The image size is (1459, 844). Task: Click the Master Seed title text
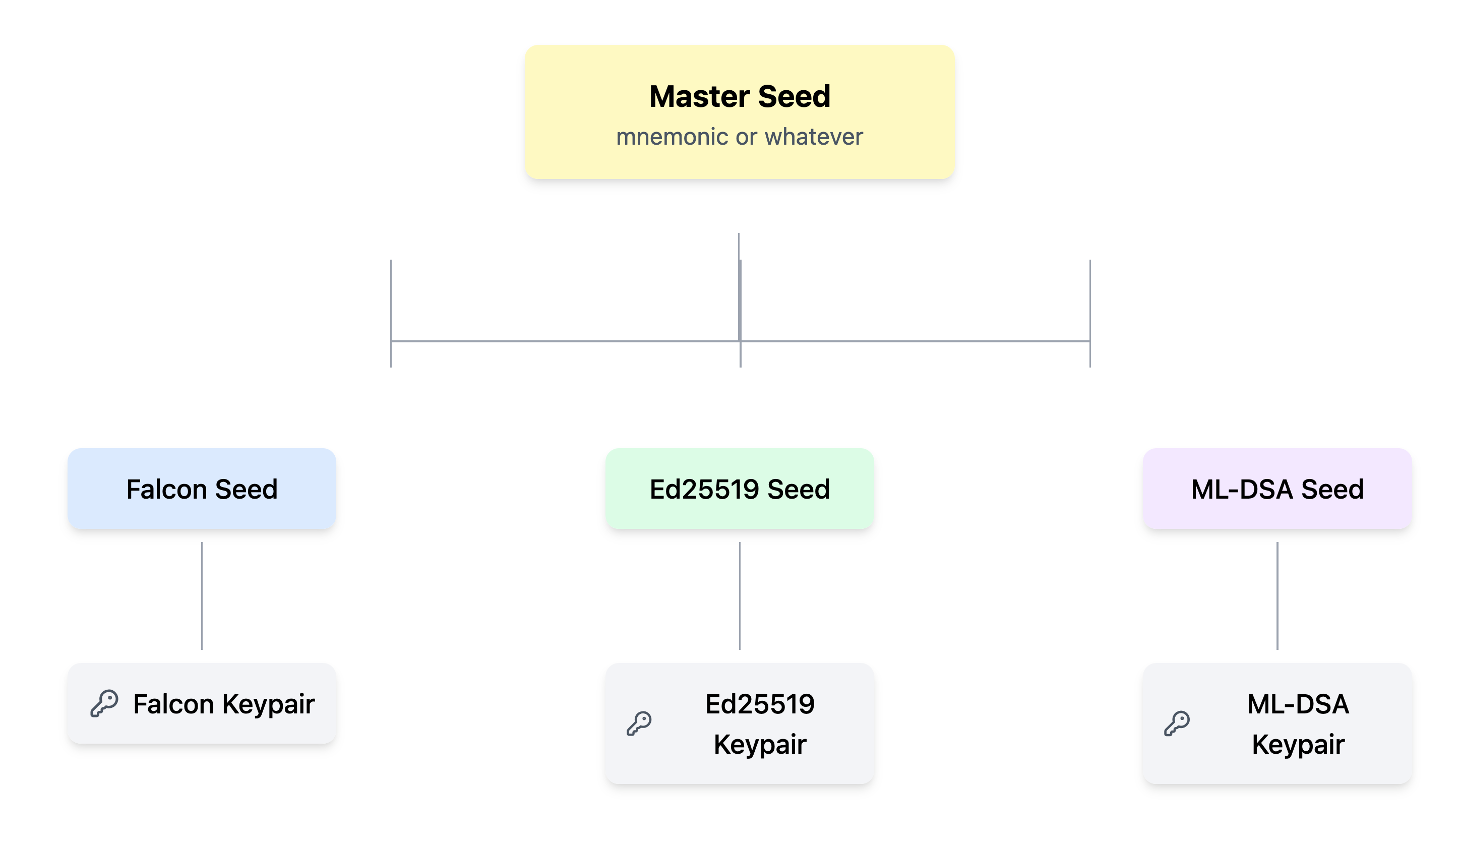(740, 96)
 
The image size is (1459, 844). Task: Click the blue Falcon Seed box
(202, 489)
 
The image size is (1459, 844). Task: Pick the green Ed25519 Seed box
(740, 489)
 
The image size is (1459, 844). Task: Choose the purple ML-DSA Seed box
(1276, 489)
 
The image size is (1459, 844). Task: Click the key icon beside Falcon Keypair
(105, 703)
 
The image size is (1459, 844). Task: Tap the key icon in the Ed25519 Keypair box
(639, 724)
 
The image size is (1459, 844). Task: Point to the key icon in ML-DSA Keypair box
(1177, 724)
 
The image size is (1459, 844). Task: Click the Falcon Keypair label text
(223, 704)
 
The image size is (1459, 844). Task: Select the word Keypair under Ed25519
(760, 744)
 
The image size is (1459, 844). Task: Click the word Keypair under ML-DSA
(1298, 744)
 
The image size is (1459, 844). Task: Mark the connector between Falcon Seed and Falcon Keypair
(202, 595)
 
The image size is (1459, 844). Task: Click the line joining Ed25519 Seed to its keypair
(740, 595)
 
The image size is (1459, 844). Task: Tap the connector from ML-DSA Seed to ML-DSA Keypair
(1277, 595)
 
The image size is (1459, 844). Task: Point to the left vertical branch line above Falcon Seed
(391, 301)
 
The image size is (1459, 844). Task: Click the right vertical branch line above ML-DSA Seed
(1090, 301)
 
